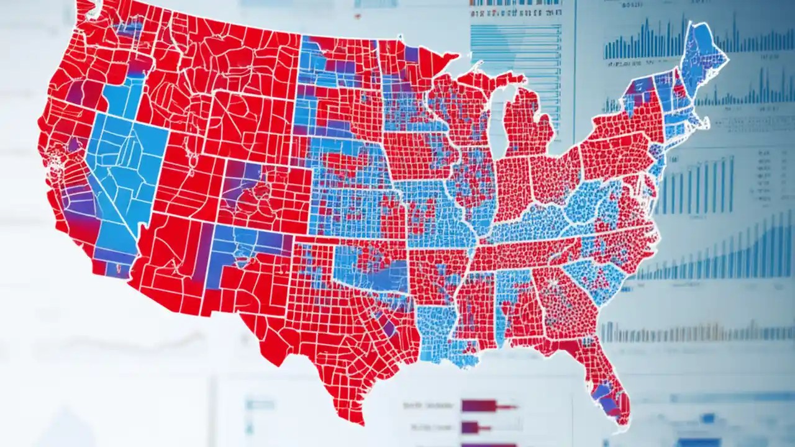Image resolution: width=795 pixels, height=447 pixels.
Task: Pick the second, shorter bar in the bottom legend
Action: coord(470,427)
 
